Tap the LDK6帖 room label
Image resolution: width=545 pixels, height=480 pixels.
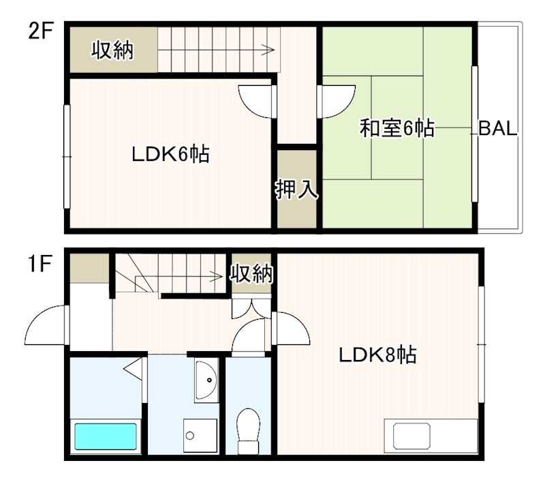tap(170, 155)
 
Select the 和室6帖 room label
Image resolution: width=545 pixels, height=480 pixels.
tap(397, 128)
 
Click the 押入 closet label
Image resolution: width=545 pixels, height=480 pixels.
tap(296, 189)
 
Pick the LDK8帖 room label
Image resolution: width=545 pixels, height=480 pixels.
tap(378, 355)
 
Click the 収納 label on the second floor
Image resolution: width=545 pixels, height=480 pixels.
tap(113, 50)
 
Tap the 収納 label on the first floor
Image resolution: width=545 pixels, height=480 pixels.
tap(250, 274)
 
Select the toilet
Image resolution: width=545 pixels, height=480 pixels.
tap(247, 430)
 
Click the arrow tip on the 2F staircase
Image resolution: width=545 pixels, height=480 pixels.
tap(273, 50)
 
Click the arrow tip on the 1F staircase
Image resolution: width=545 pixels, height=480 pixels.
tap(223, 277)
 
